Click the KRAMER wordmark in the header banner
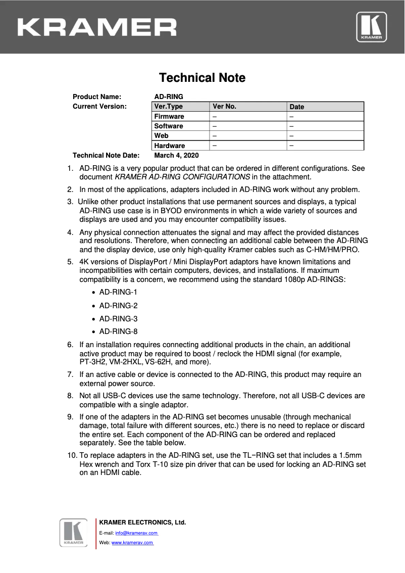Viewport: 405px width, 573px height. pyautogui.click(x=97, y=27)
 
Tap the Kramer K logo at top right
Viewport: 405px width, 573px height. pyautogui.click(x=372, y=27)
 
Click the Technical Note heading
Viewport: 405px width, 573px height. pyautogui.click(x=202, y=78)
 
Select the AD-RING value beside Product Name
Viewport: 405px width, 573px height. pyautogui.click(x=169, y=97)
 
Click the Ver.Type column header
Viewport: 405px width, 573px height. pyautogui.click(x=168, y=107)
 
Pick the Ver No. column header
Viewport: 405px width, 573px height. pyautogui.click(x=225, y=107)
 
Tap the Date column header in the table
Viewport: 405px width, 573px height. pyautogui.click(x=297, y=107)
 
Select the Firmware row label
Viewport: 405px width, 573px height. pyautogui.click(x=169, y=116)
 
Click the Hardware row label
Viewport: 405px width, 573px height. pyautogui.click(x=170, y=146)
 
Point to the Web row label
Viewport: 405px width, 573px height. pyautogui.click(x=162, y=136)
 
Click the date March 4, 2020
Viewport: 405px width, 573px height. pyautogui.click(x=176, y=156)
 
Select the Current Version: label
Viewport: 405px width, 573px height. pyautogui.click(x=99, y=107)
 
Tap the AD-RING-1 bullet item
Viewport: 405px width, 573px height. pyautogui.click(x=118, y=292)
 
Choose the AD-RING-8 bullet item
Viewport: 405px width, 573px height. pyautogui.click(x=118, y=331)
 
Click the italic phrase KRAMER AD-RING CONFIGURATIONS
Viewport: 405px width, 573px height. pyautogui.click(x=182, y=177)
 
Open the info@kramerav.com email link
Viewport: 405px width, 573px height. pyautogui.click(x=136, y=533)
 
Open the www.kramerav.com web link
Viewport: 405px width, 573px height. pyautogui.click(x=132, y=543)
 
